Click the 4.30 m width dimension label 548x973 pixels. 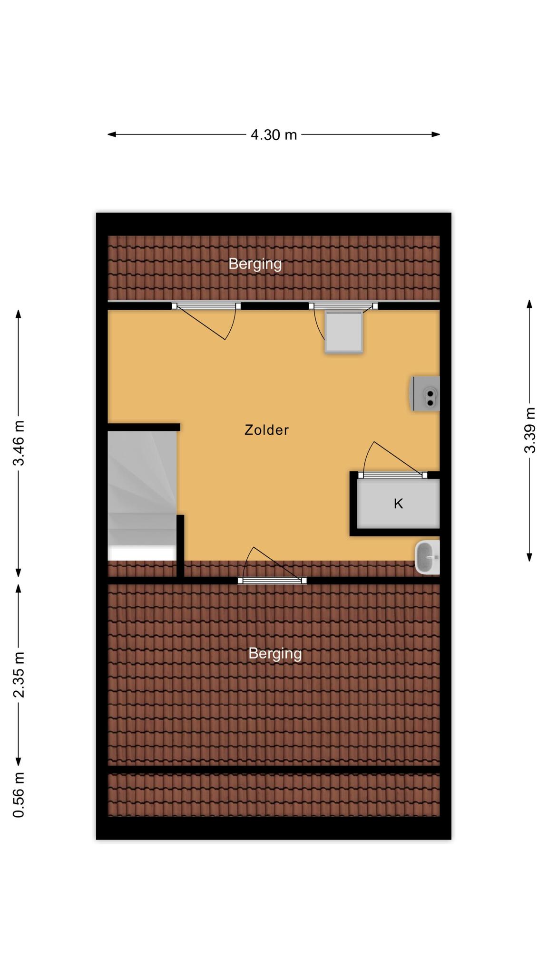274,135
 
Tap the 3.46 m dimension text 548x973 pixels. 19,443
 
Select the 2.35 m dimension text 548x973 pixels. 19,675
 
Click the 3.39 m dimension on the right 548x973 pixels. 529,430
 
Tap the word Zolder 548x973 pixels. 266,430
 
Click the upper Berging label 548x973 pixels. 255,264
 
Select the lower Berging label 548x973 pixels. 275,654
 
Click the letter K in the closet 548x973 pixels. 399,504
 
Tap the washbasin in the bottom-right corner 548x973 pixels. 427,557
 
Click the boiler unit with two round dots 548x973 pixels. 425,393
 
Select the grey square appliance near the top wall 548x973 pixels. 344,332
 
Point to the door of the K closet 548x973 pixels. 393,475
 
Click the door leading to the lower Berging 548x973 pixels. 272,580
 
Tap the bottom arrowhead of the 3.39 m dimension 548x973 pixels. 529,557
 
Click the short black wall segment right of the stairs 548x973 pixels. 180,546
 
